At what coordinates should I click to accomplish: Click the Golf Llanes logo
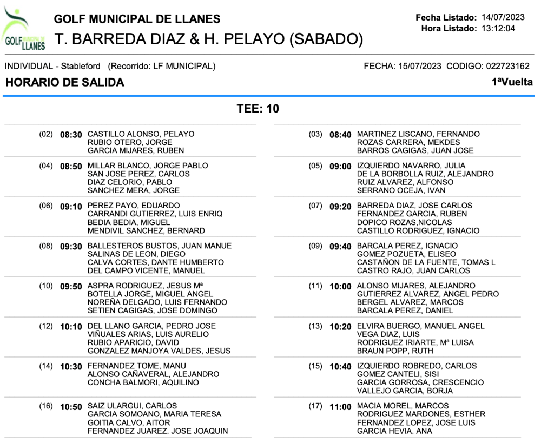coord(23,29)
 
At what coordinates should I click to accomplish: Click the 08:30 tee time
coord(71,135)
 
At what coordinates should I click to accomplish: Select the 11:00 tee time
coord(340,407)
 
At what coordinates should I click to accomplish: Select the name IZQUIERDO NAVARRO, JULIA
coord(411,166)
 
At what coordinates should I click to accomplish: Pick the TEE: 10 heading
coord(258,109)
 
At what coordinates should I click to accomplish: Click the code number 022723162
coord(507,67)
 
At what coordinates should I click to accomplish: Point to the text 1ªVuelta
coord(512,82)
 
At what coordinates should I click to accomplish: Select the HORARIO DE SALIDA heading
coord(64,83)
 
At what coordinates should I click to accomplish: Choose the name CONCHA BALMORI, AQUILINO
coord(143,382)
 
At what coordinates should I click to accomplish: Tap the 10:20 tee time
coord(340,327)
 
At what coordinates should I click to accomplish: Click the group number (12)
coord(46,326)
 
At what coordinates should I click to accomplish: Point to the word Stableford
coord(81,67)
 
